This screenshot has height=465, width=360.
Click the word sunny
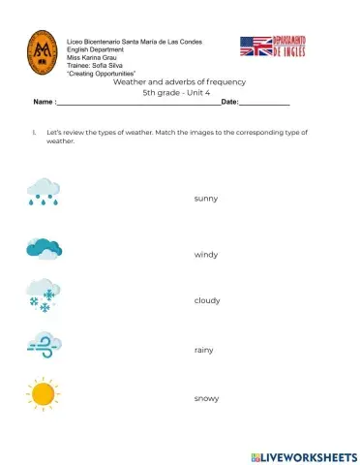pos(205,199)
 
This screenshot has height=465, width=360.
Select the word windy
pos(206,255)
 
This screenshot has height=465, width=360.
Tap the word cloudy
pos(207,300)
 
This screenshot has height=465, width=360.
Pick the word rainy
pos(204,350)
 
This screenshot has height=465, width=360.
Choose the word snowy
pos(206,398)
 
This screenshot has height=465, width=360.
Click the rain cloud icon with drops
pos(43,193)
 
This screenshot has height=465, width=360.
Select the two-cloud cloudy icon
pos(45,249)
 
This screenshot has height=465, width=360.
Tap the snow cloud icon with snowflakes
pos(44,294)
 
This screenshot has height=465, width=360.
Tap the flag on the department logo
pos(255,46)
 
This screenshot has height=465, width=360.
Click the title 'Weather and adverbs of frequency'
pos(180,82)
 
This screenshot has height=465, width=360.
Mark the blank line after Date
pos(264,104)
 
